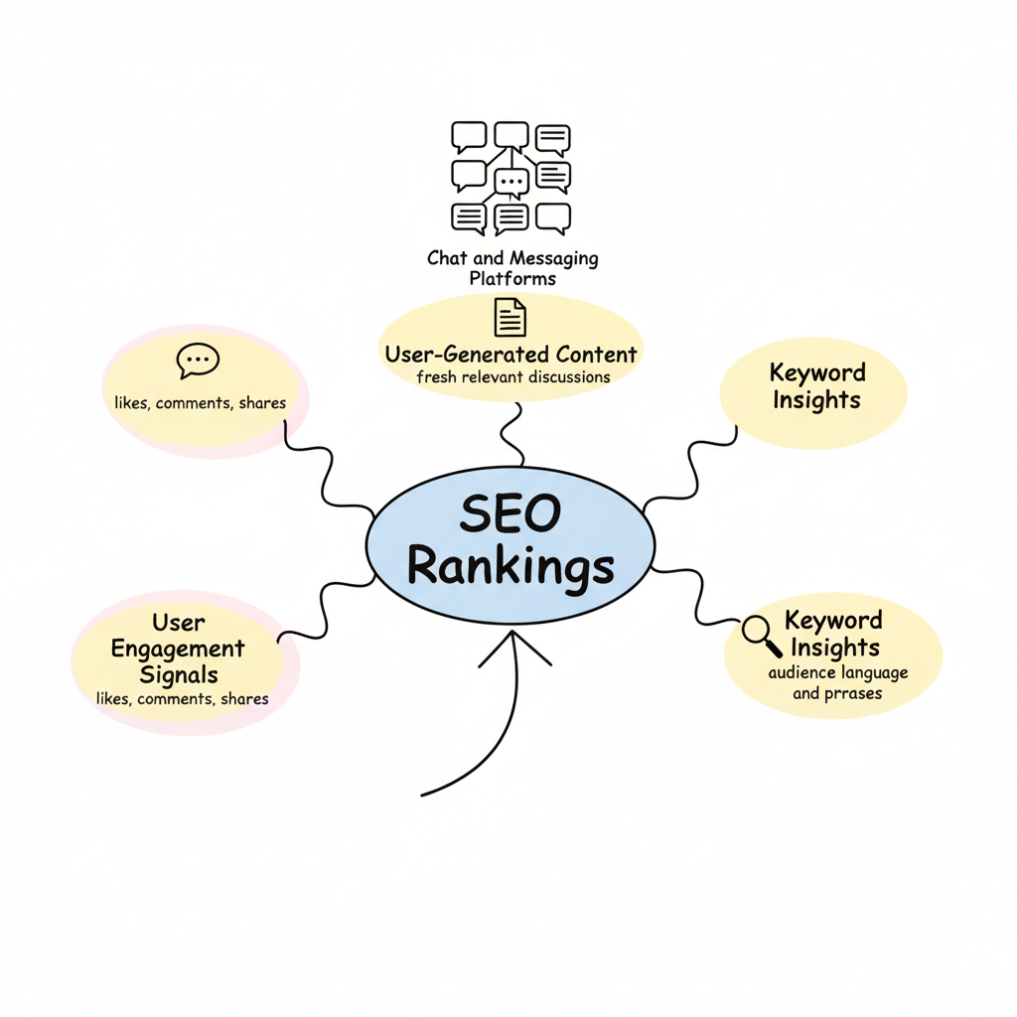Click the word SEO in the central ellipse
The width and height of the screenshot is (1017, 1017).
pyautogui.click(x=510, y=514)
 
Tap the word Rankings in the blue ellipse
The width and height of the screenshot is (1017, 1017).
pyautogui.click(x=510, y=568)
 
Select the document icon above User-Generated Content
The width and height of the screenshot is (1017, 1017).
pyautogui.click(x=510, y=318)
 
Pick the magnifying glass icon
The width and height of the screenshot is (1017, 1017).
pyautogui.click(x=762, y=636)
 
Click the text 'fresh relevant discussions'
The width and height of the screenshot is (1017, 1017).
pyautogui.click(x=513, y=377)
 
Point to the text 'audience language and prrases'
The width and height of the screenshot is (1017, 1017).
pyautogui.click(x=837, y=683)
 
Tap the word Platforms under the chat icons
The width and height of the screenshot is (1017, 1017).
pyautogui.click(x=512, y=279)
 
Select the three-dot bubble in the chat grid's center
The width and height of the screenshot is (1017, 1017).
pyautogui.click(x=511, y=183)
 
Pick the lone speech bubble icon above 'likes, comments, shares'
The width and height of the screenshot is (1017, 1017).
pyautogui.click(x=198, y=361)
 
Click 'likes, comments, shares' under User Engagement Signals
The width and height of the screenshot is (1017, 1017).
pyautogui.click(x=183, y=699)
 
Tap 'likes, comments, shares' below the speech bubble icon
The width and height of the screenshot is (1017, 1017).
pyautogui.click(x=201, y=403)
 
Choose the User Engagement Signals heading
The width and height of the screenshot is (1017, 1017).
pyautogui.click(x=178, y=649)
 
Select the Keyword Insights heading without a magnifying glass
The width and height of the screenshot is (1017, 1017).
pyautogui.click(x=816, y=386)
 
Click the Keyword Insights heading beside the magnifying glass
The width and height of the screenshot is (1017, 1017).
pyautogui.click(x=834, y=634)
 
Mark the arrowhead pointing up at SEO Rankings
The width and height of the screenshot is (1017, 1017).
pyautogui.click(x=513, y=644)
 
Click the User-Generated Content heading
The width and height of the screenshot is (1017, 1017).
pyautogui.click(x=510, y=354)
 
